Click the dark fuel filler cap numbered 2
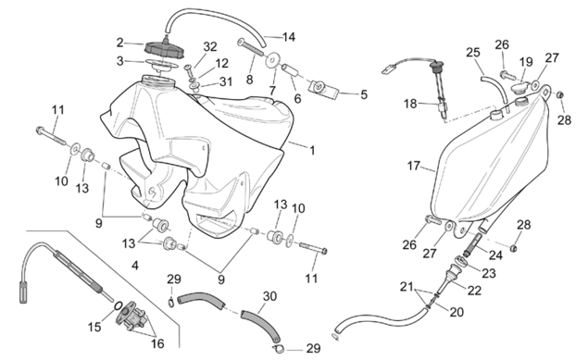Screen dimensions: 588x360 [x=164, y=49]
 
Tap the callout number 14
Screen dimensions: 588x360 [x=288, y=37]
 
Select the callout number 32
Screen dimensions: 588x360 [x=210, y=47]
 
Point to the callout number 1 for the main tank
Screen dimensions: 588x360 [x=312, y=151]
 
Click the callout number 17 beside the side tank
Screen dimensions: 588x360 [x=414, y=166]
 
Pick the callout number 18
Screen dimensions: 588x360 [x=410, y=104]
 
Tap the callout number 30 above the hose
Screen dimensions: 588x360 [x=269, y=296]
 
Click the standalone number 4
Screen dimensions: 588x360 [x=135, y=266]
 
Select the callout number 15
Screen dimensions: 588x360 [x=94, y=327]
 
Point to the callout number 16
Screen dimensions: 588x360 [x=157, y=343]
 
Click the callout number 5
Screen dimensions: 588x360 [x=364, y=94]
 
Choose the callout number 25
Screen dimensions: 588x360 [x=473, y=53]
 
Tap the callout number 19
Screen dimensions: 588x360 [x=526, y=62]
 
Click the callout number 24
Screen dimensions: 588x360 [x=495, y=255]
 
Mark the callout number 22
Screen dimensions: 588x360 [x=474, y=291]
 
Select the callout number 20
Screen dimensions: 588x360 [x=457, y=312]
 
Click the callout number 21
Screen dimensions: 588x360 [x=407, y=287]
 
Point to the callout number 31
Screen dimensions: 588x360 [x=225, y=81]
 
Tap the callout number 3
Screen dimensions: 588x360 [x=120, y=61]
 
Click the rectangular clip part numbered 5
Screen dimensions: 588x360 [x=323, y=90]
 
